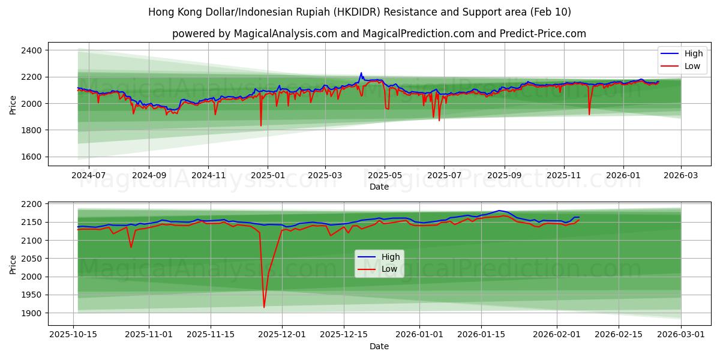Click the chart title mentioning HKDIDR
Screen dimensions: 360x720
point(359,12)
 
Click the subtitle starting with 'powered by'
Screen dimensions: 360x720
point(379,34)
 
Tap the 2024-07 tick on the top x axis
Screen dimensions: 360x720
point(89,175)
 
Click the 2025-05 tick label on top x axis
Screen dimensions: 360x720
point(385,175)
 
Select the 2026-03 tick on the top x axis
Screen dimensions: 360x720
point(681,175)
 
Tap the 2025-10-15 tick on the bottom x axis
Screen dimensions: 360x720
point(73,334)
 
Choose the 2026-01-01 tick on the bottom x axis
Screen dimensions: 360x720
point(419,334)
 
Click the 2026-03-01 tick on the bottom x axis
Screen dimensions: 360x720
point(681,334)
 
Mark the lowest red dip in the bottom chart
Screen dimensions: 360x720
point(264,307)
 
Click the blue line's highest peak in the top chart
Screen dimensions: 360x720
point(361,73)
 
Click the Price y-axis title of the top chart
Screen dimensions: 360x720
point(13,104)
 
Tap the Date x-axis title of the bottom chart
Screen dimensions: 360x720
point(379,346)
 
